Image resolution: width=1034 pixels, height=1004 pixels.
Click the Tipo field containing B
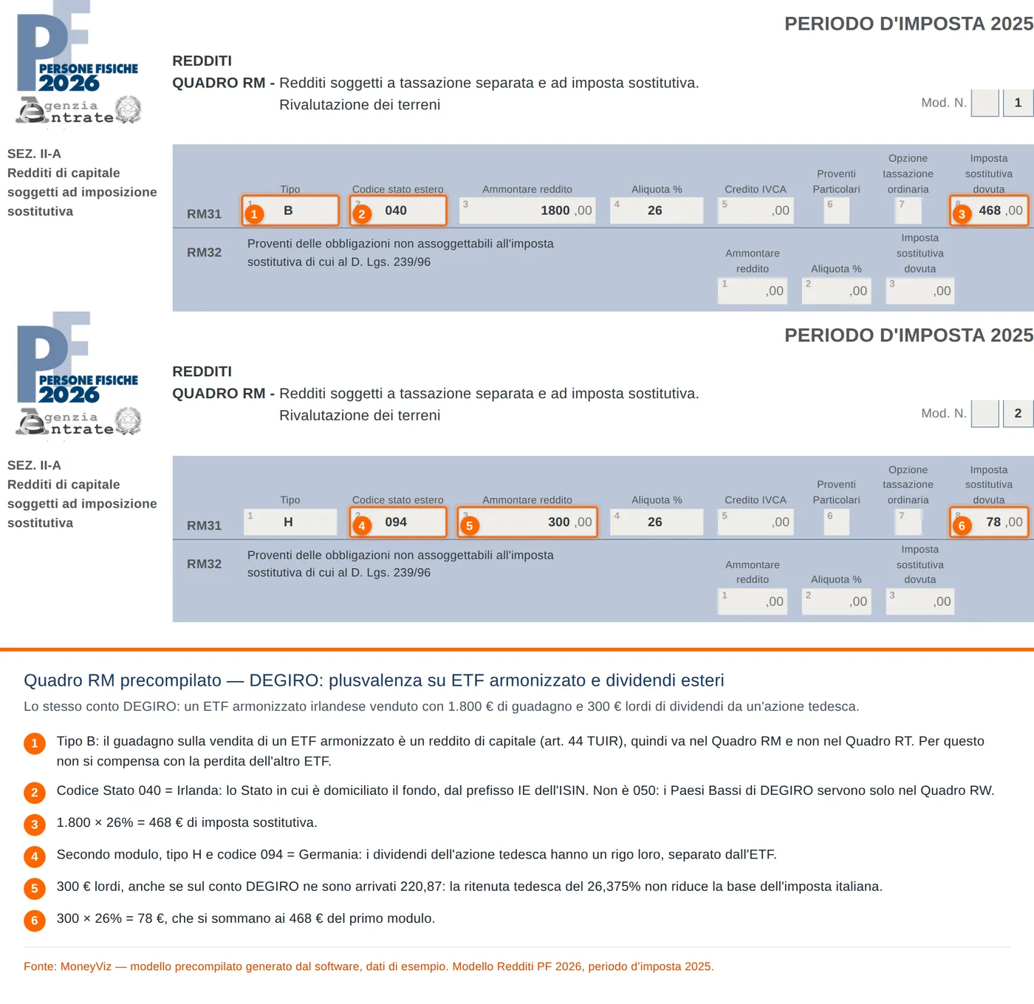point(290,211)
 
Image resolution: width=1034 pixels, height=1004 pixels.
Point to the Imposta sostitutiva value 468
point(989,211)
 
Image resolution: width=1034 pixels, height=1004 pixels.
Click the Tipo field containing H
point(290,522)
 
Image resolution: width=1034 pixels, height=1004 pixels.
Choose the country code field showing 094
point(398,522)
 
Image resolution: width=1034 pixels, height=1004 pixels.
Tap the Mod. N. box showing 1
point(1018,103)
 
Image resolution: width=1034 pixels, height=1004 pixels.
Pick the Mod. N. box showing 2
point(1018,413)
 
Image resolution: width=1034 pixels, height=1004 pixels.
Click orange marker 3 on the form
point(962,214)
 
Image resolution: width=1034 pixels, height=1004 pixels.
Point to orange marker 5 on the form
point(469,526)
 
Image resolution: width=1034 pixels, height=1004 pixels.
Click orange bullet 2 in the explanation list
point(35,793)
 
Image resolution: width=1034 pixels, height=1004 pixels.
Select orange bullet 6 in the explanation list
point(35,921)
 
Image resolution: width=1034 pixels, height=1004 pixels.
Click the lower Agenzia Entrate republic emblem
point(128,421)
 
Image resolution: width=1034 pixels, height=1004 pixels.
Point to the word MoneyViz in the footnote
point(86,966)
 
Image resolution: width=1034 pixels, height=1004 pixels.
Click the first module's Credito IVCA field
point(755,211)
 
